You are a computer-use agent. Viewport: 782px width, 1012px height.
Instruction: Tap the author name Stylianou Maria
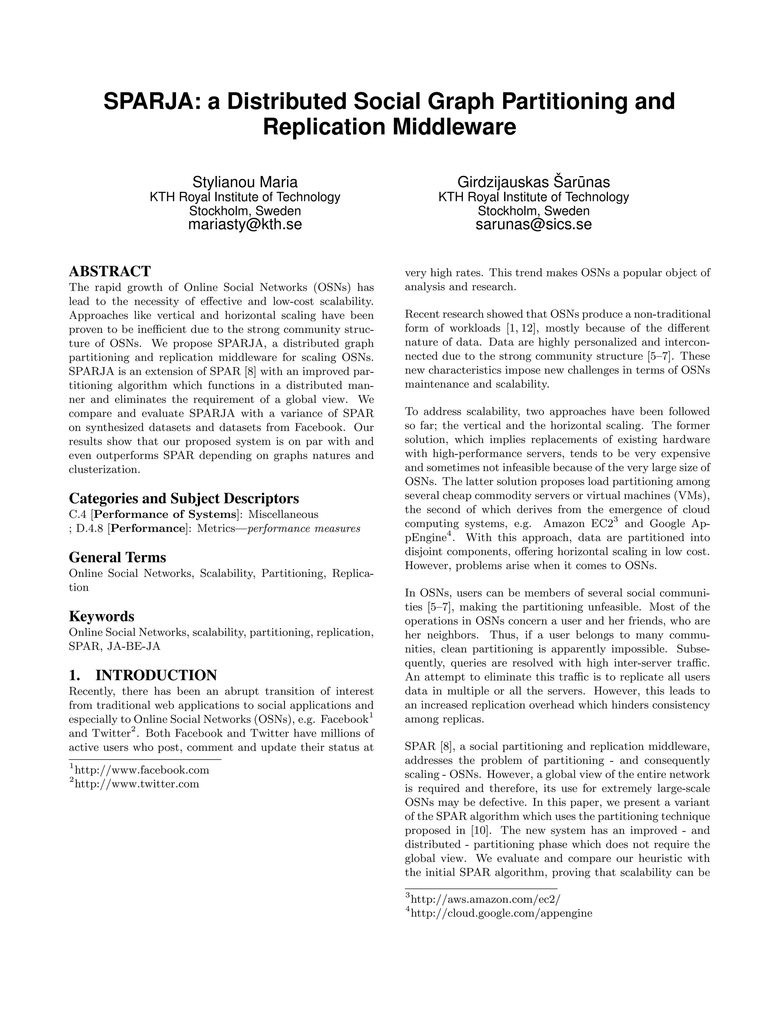[x=245, y=182]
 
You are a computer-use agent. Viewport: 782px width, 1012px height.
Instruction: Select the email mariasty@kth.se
[x=245, y=224]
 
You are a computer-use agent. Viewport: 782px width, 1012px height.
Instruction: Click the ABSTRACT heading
[x=110, y=271]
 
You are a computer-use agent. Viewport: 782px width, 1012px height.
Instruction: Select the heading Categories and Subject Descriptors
[x=184, y=499]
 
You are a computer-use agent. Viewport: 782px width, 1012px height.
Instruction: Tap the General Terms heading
[x=117, y=558]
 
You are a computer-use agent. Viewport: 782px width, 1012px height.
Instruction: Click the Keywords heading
[x=102, y=616]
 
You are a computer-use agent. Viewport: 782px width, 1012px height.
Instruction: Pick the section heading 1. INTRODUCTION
[x=143, y=675]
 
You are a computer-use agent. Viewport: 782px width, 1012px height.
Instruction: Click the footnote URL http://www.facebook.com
[x=142, y=771]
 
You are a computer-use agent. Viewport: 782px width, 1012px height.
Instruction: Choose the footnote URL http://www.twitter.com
[x=137, y=784]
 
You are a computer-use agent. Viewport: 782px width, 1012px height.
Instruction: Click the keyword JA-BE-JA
[x=134, y=647]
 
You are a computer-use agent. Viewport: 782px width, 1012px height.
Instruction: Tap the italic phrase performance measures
[x=304, y=529]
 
